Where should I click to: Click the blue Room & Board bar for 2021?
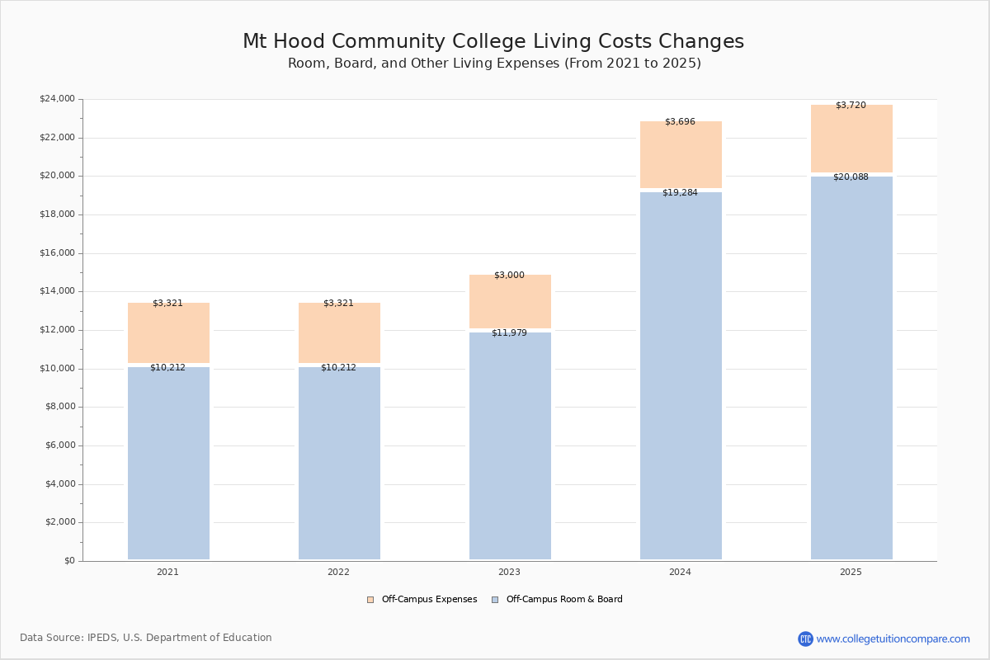pyautogui.click(x=168, y=463)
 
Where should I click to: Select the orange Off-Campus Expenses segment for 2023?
pyautogui.click(x=510, y=302)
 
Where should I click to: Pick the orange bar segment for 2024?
pyautogui.click(x=681, y=155)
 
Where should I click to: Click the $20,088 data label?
pyautogui.click(x=851, y=177)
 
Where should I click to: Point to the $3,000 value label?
pyautogui.click(x=509, y=276)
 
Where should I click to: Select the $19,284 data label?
pyautogui.click(x=680, y=193)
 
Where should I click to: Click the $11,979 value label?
pyautogui.click(x=509, y=333)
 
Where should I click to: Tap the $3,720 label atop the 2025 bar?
pyautogui.click(x=851, y=106)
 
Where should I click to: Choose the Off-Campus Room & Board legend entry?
pyautogui.click(x=563, y=600)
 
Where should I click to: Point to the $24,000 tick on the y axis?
pyautogui.click(x=57, y=99)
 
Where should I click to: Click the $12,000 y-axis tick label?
pyautogui.click(x=57, y=330)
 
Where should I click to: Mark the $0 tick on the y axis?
pyautogui.click(x=68, y=561)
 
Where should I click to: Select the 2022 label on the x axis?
pyautogui.click(x=338, y=573)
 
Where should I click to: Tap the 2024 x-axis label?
pyautogui.click(x=680, y=573)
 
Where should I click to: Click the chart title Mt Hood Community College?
pyautogui.click(x=493, y=42)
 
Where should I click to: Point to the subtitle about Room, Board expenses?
pyautogui.click(x=494, y=64)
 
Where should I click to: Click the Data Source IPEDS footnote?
pyautogui.click(x=146, y=638)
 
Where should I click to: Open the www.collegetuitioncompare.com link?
pyautogui.click(x=893, y=639)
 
